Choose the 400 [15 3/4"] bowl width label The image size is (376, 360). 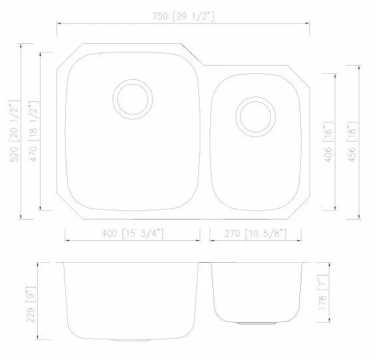[x=132, y=233]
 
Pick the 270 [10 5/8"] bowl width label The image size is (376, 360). [x=255, y=233]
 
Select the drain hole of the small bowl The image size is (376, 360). [x=255, y=116]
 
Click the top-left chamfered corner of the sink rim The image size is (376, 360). [x=68, y=55]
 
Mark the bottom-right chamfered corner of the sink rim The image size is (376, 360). [x=300, y=210]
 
